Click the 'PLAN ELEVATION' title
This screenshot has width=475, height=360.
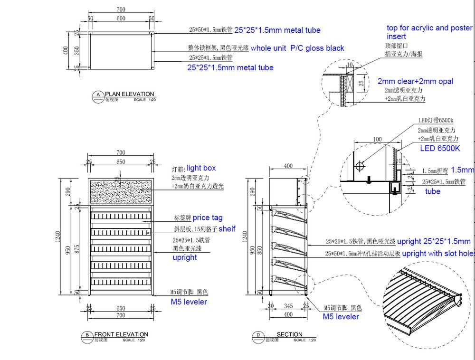tap(129, 94)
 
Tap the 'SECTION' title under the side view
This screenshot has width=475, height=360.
tap(289, 334)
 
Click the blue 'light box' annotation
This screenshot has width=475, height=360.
tap(201, 168)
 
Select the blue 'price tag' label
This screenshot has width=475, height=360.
tap(208, 218)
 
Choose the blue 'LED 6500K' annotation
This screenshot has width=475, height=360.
tap(440, 148)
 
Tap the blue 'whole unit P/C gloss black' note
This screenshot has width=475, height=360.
tap(297, 48)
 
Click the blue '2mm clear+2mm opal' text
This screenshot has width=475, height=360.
tap(415, 81)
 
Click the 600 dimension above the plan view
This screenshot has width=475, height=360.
tap(121, 18)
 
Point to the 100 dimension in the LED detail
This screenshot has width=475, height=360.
tap(378, 139)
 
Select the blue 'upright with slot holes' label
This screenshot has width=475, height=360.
tap(438, 254)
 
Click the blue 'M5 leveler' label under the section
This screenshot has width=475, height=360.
tap(341, 316)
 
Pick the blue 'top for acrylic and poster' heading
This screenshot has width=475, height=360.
tap(429, 28)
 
